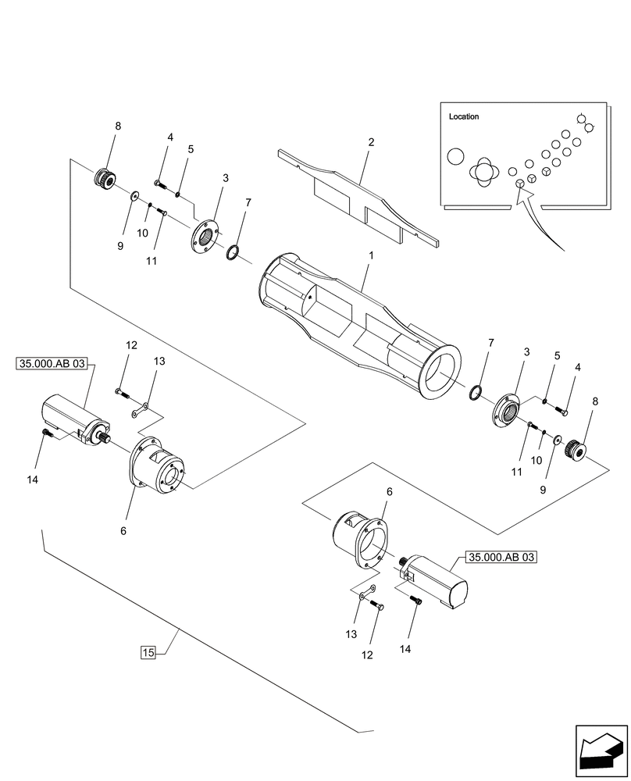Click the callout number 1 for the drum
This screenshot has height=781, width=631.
coord(371,255)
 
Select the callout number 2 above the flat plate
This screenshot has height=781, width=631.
coord(371,142)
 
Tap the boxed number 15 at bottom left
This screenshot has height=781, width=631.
coord(148,652)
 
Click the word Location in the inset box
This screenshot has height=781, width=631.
coord(464,116)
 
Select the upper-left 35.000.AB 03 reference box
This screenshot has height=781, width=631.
coord(51,363)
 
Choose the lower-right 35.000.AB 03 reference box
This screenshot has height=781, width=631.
coord(502,557)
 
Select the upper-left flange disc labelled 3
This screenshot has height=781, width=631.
coord(205,234)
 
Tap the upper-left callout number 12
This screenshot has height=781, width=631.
coord(130,345)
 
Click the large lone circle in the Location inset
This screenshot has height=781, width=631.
coord(455,156)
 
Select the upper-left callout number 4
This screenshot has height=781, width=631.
coord(169,137)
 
